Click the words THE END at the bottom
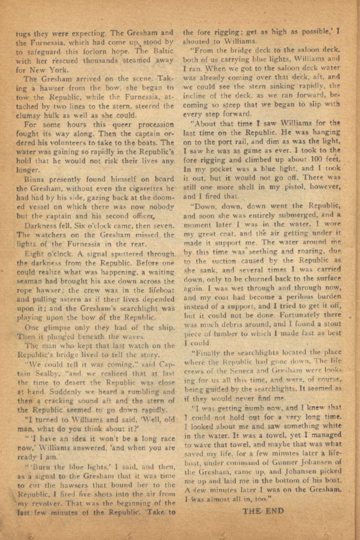click(x=263, y=511)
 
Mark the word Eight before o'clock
click(x=35, y=254)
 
